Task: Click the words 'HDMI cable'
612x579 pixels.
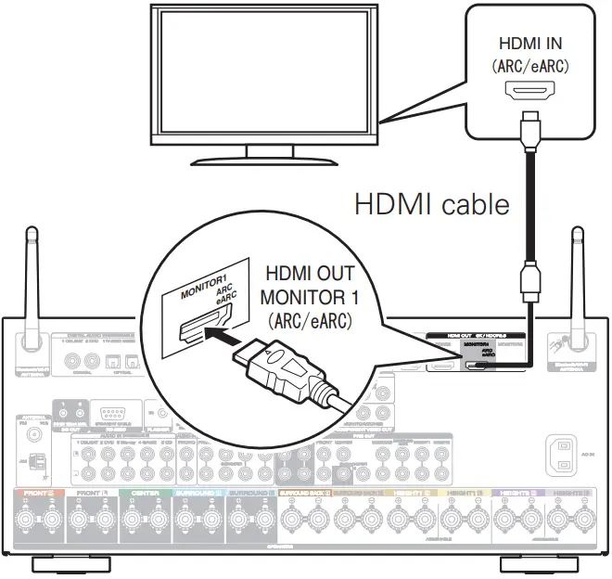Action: pyautogui.click(x=432, y=204)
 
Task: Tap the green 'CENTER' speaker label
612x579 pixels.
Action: pyautogui.click(x=146, y=493)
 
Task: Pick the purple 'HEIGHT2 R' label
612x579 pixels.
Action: pyautogui.click(x=516, y=493)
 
